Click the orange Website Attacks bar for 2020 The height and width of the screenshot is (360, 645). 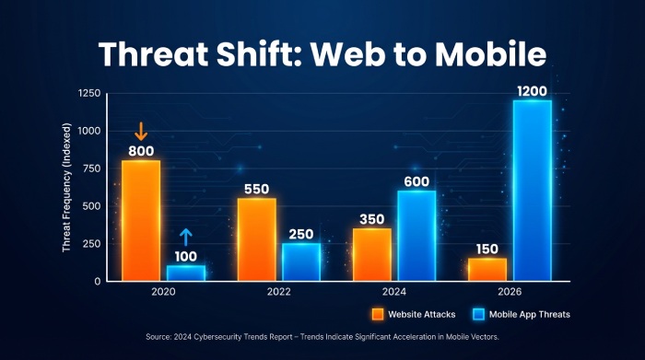[x=141, y=220]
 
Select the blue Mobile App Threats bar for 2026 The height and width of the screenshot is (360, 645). [x=532, y=190]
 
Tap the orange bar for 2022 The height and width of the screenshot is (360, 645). [x=256, y=239]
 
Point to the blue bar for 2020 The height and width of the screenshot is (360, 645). [x=186, y=273]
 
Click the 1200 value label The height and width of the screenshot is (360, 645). [x=532, y=90]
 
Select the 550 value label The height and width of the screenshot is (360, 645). [x=256, y=189]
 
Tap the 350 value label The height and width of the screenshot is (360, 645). [x=371, y=219]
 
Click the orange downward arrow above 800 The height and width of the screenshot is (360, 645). [x=140, y=130]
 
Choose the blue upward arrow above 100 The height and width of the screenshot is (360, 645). [x=185, y=238]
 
